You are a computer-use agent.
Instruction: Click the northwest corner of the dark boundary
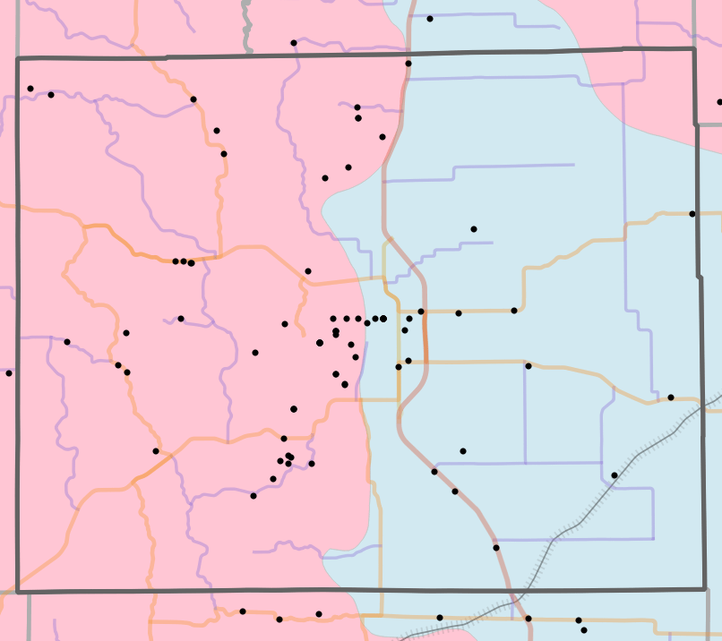tap(18, 59)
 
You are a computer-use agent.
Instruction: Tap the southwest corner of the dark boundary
tap(18, 592)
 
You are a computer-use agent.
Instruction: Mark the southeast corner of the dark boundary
tap(705, 589)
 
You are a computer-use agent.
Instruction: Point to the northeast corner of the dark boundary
tap(694, 49)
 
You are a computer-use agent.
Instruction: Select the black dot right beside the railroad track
tap(615, 474)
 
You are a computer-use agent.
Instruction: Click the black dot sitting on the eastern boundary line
tap(692, 214)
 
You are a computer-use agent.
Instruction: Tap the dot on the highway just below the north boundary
tap(408, 64)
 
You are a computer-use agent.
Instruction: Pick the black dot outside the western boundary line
tap(9, 372)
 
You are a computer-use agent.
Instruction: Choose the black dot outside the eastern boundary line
tap(719, 101)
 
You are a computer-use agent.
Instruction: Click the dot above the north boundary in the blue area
tap(430, 19)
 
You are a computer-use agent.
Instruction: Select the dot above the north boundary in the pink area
tap(294, 43)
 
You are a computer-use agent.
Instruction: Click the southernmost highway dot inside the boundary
tap(495, 547)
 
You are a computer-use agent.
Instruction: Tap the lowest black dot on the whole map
tap(584, 631)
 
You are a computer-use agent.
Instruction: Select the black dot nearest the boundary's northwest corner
tap(30, 89)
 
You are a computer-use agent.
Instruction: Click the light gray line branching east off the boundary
tap(709, 125)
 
